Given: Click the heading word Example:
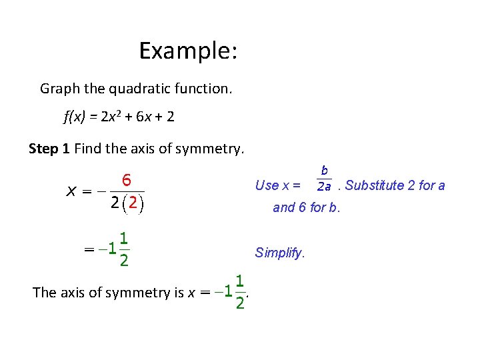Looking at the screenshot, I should tap(189, 51).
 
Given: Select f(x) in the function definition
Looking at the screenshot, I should tap(75, 117).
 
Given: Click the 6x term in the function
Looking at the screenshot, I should tap(143, 117).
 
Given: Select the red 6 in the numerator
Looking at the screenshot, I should tap(125, 180).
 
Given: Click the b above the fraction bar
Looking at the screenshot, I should tap(324, 171).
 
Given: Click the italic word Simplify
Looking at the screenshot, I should tap(279, 253).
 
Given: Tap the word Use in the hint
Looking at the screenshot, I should tap(267, 185).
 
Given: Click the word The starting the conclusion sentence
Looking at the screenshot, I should tap(44, 292).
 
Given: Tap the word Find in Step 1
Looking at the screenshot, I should tap(87, 149).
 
